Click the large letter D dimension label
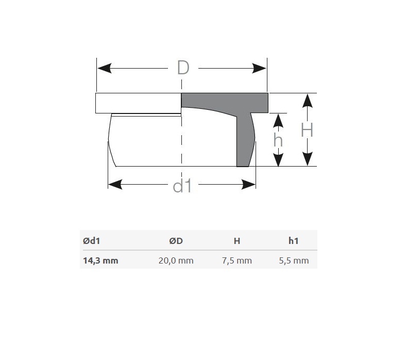click(183, 68)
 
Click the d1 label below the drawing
click(182, 186)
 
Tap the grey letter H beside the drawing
click(307, 130)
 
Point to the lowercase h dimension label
click(278, 140)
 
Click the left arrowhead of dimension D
click(105, 69)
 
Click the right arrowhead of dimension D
click(259, 69)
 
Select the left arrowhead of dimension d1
click(115, 185)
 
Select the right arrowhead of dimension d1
click(248, 185)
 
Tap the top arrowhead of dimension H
click(308, 101)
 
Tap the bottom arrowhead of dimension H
click(308, 159)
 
